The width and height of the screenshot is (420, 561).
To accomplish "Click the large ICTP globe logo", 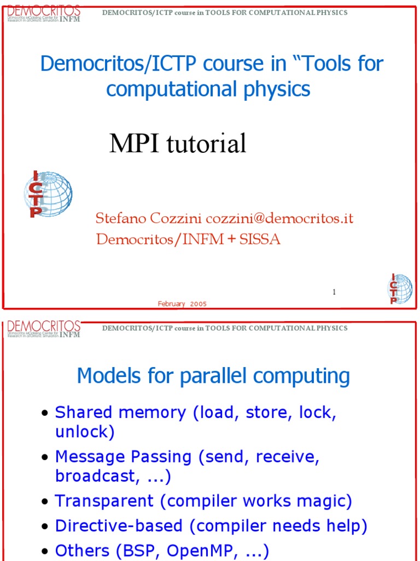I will click(48, 193).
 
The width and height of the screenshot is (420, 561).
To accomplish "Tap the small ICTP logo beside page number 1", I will click(400, 289).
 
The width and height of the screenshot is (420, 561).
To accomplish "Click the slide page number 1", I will click(334, 293).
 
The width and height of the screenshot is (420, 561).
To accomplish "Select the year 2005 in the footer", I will click(199, 304).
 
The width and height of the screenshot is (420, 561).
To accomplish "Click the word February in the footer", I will click(172, 304).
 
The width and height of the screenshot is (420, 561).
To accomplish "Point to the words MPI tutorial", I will click(178, 144).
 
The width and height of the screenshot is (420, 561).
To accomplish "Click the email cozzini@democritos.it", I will click(279, 219).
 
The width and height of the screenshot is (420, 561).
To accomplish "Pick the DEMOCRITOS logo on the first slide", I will click(44, 14).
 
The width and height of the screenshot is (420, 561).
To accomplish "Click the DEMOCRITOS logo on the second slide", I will click(44, 329).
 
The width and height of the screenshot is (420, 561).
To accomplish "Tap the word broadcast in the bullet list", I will click(96, 476).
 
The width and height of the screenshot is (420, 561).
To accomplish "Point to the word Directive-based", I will click(119, 526).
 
